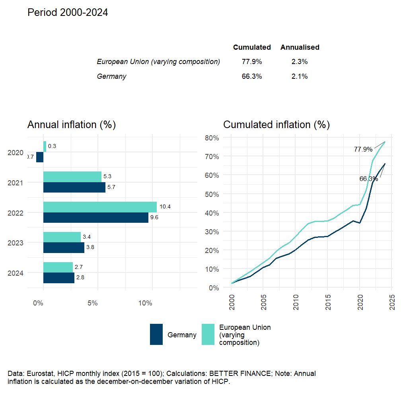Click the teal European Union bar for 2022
tap(100, 207)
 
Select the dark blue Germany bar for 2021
tap(74, 187)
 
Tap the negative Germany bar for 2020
tap(39, 157)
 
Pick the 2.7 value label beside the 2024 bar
tap(78, 267)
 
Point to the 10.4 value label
tap(165, 207)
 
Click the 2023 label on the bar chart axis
tap(16, 243)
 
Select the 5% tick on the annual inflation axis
tap(92, 304)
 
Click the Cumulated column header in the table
tap(252, 47)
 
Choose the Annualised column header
tap(300, 47)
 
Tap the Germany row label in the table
tap(111, 76)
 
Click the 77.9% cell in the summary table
tap(251, 62)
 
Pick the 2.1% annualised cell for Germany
tap(299, 76)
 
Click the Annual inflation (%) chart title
tap(71, 125)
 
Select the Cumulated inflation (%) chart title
tap(276, 125)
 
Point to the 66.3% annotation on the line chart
tap(368, 179)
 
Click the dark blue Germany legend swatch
tap(156, 335)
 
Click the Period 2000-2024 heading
tap(68, 13)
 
